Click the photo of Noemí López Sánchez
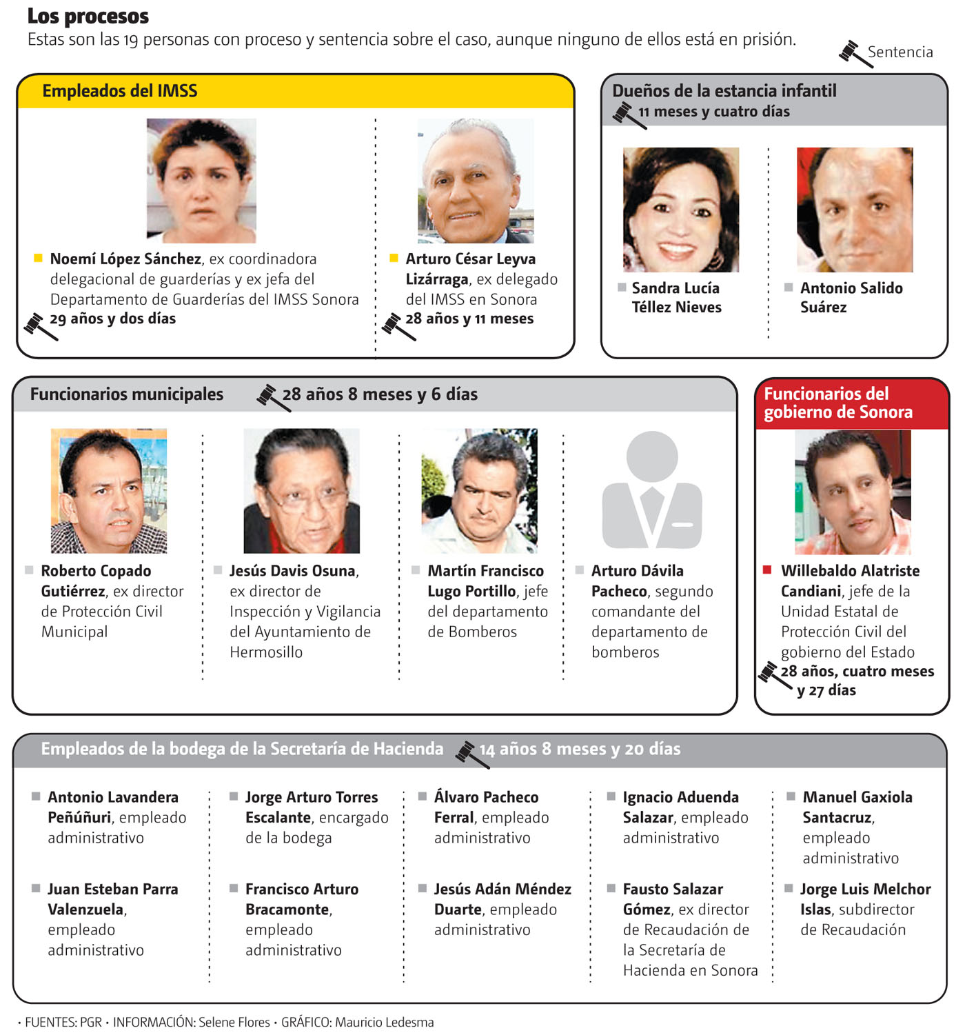pos(201,180)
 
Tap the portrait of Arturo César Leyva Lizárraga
pos(475,180)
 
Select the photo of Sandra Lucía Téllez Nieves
pos(680,209)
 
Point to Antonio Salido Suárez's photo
pos(854,209)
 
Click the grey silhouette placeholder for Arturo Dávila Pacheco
pos(651,490)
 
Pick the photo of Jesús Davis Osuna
pos(301,490)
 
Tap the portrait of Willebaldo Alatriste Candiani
pos(852,492)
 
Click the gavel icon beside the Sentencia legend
pos(854,53)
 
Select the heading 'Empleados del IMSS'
pos(120,91)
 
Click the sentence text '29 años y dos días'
pos(112,319)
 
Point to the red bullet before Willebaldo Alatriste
pos(766,570)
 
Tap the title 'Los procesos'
pos(88,16)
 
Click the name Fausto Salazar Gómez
pos(672,898)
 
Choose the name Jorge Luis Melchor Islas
pos(864,898)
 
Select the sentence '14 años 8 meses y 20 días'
pos(579,749)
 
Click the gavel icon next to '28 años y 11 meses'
pos(398,325)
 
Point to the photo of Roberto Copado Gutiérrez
pos(108,490)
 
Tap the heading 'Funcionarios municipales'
pos(127,394)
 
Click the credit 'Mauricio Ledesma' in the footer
pos(384,1022)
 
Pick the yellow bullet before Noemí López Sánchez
pos(39,259)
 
